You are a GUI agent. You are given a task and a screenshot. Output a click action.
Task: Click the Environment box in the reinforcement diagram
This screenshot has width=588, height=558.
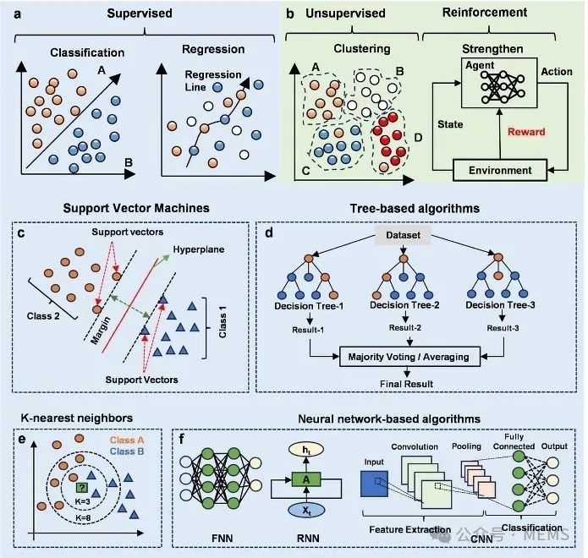(x=500, y=170)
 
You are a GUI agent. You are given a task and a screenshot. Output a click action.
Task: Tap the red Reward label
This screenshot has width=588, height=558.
(x=526, y=132)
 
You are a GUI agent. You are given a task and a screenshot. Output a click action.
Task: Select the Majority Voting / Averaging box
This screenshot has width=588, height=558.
(x=409, y=357)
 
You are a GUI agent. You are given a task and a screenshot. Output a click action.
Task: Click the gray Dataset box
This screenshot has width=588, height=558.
(x=403, y=235)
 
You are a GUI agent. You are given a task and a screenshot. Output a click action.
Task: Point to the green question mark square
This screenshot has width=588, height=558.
(x=82, y=488)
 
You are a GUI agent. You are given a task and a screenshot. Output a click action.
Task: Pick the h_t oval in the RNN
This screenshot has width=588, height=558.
(x=306, y=450)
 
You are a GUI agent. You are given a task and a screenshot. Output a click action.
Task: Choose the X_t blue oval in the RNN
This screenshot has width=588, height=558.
(x=306, y=511)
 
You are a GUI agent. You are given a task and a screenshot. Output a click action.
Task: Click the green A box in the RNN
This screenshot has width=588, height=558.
(x=306, y=479)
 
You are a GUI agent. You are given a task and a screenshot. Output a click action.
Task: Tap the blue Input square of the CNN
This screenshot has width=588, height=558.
(x=374, y=484)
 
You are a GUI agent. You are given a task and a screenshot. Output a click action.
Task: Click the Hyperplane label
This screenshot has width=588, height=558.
(x=198, y=249)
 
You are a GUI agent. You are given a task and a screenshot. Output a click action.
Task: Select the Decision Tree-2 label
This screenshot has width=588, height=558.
(x=404, y=305)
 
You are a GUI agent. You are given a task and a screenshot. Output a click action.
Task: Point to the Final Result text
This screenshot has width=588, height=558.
(x=406, y=384)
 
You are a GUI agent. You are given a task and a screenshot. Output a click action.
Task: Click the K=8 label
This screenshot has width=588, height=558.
(x=83, y=518)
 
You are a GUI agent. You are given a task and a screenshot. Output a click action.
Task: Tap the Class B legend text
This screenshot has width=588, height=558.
(x=127, y=451)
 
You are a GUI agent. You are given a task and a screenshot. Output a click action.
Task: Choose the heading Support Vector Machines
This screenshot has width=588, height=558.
(x=136, y=208)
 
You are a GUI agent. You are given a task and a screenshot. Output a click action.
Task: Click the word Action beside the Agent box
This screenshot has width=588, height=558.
(x=557, y=72)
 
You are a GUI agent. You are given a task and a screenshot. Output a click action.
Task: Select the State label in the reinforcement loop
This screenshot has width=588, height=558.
(x=450, y=124)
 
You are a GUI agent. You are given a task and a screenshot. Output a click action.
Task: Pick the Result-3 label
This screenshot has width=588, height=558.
(x=503, y=328)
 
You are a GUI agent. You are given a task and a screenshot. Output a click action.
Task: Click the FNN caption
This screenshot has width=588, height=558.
(x=223, y=539)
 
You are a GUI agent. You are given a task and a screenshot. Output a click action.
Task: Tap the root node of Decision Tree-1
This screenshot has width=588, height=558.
(x=309, y=259)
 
